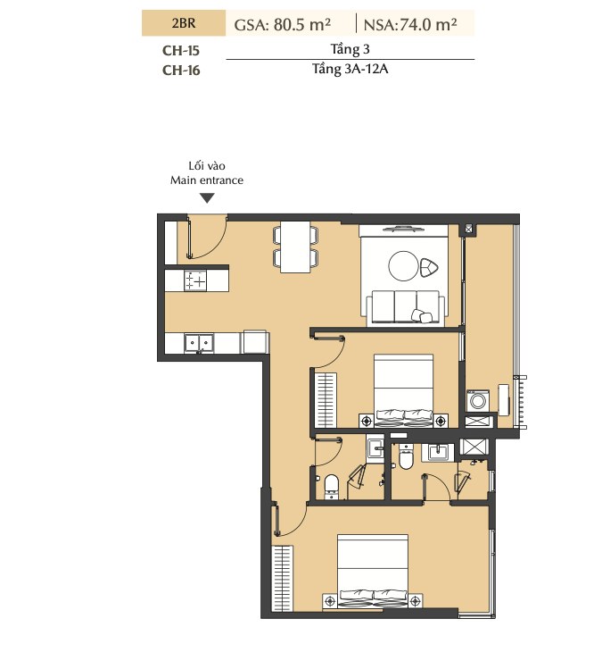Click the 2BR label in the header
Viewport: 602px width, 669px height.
[184, 22]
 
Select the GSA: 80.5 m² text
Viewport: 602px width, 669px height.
[283, 24]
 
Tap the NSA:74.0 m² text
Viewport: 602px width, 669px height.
[410, 24]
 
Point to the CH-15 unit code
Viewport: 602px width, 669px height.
[181, 50]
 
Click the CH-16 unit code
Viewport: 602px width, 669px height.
[181, 70]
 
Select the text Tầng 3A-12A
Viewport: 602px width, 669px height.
[350, 69]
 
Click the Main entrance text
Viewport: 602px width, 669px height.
[207, 180]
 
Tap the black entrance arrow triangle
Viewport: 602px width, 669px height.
[207, 198]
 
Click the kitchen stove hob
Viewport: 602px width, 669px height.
[195, 280]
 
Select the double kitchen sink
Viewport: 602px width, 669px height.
[199, 344]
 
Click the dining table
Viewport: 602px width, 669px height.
[295, 247]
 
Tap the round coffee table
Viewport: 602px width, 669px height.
[403, 266]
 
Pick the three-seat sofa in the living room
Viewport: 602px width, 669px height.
[405, 307]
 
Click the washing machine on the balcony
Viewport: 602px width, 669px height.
[478, 401]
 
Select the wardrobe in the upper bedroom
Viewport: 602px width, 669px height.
[326, 400]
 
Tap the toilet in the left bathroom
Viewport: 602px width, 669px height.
[332, 487]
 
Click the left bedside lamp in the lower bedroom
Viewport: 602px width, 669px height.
[330, 602]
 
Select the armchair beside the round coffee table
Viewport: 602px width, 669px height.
[429, 268]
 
